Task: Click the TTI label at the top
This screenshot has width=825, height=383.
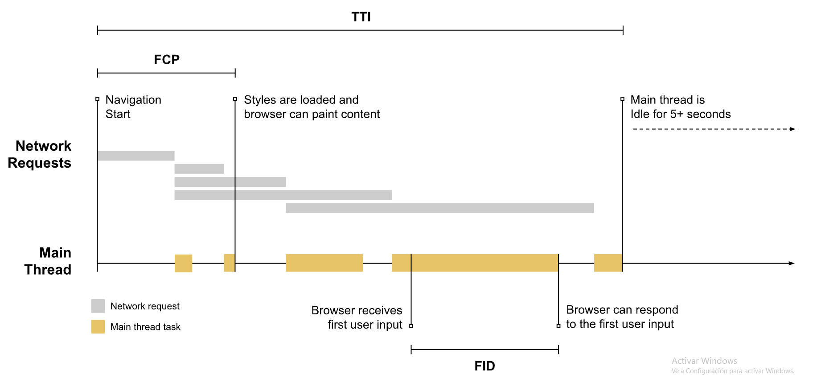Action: pyautogui.click(x=361, y=17)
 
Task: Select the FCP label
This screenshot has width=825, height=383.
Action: pyautogui.click(x=166, y=60)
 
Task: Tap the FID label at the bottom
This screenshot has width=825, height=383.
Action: pyautogui.click(x=484, y=366)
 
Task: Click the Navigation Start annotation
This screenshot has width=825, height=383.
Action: pyautogui.click(x=133, y=107)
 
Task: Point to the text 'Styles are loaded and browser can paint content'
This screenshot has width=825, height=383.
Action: pyautogui.click(x=312, y=107)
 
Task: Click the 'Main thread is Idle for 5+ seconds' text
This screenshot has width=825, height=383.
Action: pyautogui.click(x=680, y=107)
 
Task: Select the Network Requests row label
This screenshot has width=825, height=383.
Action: pyautogui.click(x=40, y=154)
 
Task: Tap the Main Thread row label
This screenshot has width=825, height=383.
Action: pyautogui.click(x=48, y=261)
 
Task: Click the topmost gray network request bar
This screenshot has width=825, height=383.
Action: pyautogui.click(x=136, y=156)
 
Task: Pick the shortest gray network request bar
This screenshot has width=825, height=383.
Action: pyautogui.click(x=199, y=169)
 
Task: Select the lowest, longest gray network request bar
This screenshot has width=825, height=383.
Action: pyautogui.click(x=439, y=208)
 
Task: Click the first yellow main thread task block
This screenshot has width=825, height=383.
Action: pyautogui.click(x=183, y=263)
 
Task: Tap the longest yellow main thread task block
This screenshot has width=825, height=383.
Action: pyautogui.click(x=475, y=263)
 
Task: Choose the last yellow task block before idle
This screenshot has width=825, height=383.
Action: pyautogui.click(x=608, y=263)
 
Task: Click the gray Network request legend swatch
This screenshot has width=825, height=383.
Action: pyautogui.click(x=98, y=306)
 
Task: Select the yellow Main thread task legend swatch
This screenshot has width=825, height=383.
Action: pyautogui.click(x=98, y=327)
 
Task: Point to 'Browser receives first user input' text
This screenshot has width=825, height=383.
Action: pyautogui.click(x=357, y=317)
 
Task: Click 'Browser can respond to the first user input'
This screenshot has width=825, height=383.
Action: pyautogui.click(x=622, y=317)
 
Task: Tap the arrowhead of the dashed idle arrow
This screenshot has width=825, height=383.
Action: pyautogui.click(x=792, y=129)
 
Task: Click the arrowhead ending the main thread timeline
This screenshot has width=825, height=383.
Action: pyautogui.click(x=792, y=264)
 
